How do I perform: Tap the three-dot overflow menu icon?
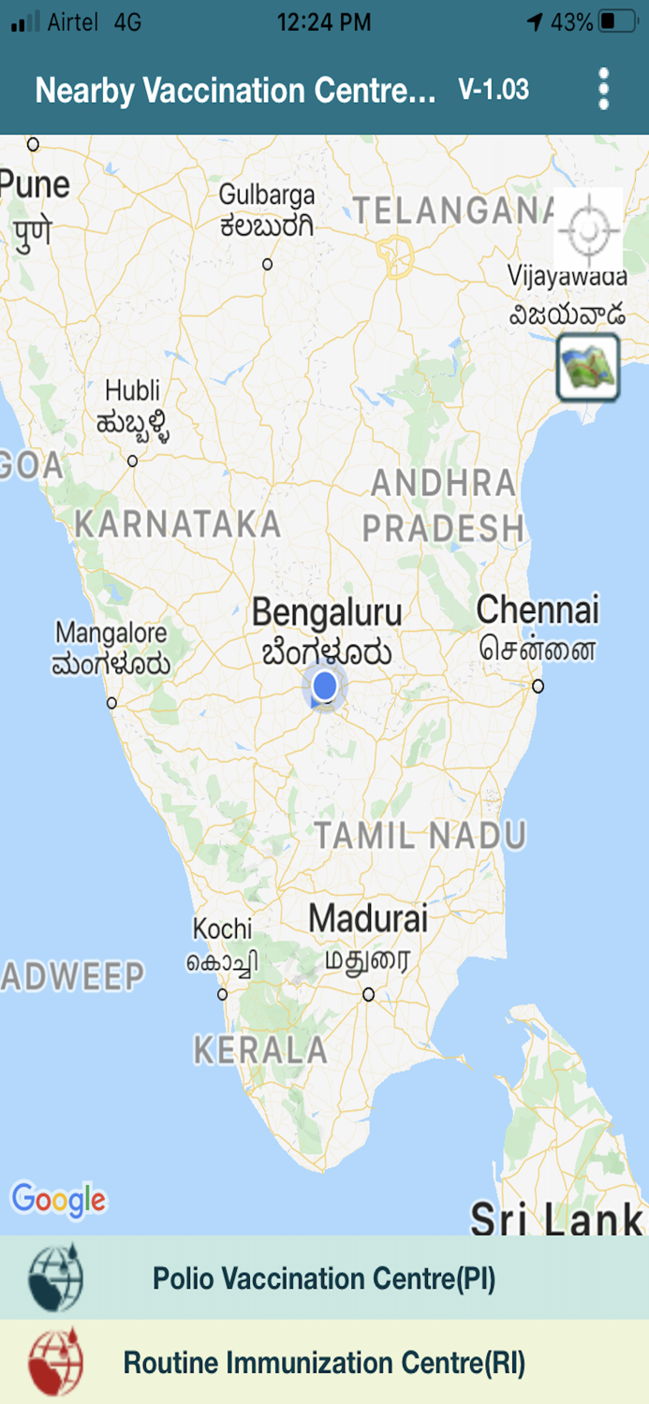(x=604, y=90)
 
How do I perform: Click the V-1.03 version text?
(x=494, y=90)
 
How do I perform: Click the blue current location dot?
(x=325, y=686)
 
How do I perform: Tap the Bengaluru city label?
(x=327, y=614)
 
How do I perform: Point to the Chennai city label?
(x=537, y=610)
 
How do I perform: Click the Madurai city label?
(x=368, y=918)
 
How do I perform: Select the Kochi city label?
(x=223, y=929)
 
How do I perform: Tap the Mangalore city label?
(x=111, y=634)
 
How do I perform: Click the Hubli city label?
(x=132, y=390)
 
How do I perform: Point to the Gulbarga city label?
(x=267, y=196)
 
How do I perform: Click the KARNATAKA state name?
(x=178, y=524)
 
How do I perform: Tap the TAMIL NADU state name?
(x=420, y=835)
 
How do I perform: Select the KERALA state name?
(x=260, y=1050)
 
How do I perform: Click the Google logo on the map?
(x=58, y=1199)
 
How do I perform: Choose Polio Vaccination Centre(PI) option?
(x=324, y=1279)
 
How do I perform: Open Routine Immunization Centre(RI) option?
(x=324, y=1362)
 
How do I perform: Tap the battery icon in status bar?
(x=617, y=22)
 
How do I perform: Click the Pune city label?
(x=34, y=184)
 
